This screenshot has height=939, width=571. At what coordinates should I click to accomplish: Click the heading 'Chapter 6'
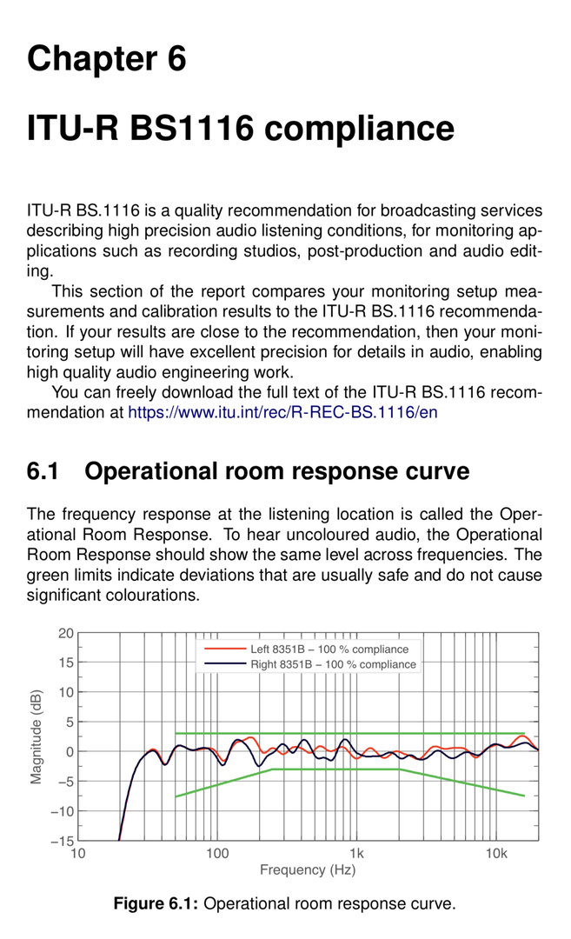coord(106,59)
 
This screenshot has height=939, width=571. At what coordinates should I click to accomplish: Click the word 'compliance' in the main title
coord(358,128)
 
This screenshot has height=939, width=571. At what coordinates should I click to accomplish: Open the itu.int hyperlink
coord(282,412)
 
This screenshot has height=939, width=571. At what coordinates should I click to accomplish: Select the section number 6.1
coord(43,471)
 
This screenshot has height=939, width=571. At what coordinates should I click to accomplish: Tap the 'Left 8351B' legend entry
coord(329,649)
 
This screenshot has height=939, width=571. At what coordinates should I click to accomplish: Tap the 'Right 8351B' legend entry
coord(333,664)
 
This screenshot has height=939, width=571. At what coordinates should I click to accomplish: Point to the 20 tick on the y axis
coord(66,633)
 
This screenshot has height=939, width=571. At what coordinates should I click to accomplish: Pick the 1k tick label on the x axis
coord(356,854)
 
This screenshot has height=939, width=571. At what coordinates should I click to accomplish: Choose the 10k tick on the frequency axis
coord(496,854)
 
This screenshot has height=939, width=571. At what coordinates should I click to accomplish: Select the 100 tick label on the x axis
coord(217,854)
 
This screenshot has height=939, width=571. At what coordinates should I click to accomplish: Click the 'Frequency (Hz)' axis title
coord(308,870)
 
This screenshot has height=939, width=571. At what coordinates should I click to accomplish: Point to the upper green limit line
coord(348,733)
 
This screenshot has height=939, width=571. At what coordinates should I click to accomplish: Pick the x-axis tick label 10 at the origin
coord(78,854)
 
